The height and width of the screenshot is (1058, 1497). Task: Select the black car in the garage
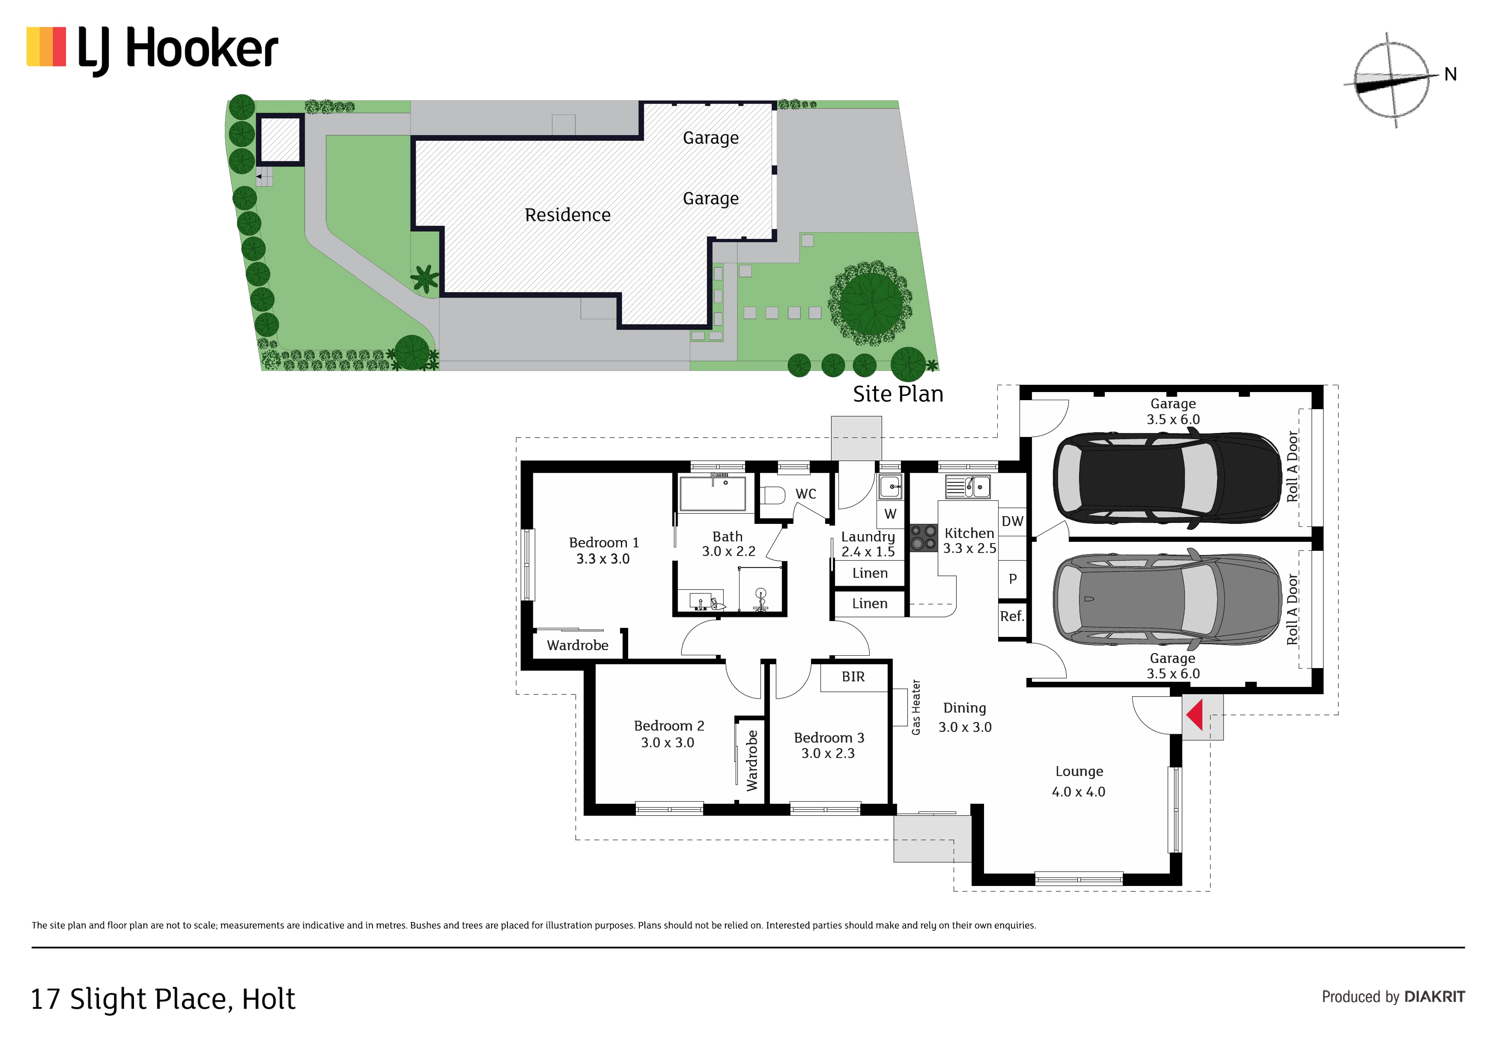click(1167, 479)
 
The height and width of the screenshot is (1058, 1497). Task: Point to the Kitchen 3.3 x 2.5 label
click(970, 541)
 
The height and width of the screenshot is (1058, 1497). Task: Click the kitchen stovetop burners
click(923, 537)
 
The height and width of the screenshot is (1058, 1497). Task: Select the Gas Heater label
click(916, 707)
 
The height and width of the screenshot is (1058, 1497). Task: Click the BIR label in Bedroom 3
click(853, 677)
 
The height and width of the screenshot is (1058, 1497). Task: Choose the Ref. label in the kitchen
click(1012, 616)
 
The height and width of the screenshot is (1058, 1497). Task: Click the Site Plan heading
click(898, 394)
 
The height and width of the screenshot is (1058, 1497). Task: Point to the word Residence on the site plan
click(567, 215)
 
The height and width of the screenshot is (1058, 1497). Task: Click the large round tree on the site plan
click(871, 304)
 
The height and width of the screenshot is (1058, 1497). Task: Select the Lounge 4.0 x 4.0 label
click(1079, 781)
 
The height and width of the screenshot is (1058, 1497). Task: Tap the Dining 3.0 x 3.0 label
click(965, 717)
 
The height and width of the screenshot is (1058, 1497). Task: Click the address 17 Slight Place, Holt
click(163, 999)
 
